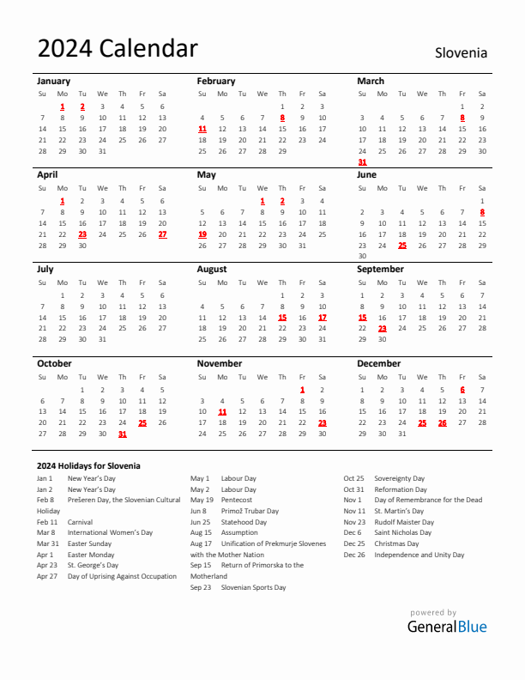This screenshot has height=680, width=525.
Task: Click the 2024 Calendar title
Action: click(118, 49)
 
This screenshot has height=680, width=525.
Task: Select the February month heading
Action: click(215, 81)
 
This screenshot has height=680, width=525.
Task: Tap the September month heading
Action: click(380, 269)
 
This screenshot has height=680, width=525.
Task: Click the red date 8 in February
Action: click(282, 118)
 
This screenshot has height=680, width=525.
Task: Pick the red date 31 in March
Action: click(362, 161)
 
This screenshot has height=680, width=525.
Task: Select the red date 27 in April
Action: click(162, 234)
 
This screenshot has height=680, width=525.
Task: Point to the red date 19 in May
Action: click(202, 234)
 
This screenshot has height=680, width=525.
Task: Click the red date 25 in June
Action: click(402, 245)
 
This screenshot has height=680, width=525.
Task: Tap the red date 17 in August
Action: click(323, 317)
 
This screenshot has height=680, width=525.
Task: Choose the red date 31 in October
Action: click(123, 434)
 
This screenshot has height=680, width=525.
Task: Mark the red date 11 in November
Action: click(222, 411)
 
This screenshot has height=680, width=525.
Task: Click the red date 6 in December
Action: click(462, 389)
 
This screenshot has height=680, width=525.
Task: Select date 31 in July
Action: click(102, 339)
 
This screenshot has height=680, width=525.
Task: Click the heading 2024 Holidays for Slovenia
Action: click(88, 465)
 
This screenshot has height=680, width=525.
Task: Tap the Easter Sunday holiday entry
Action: click(89, 543)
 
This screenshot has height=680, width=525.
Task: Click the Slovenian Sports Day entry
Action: click(253, 587)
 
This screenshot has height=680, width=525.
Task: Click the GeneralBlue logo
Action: click(446, 626)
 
